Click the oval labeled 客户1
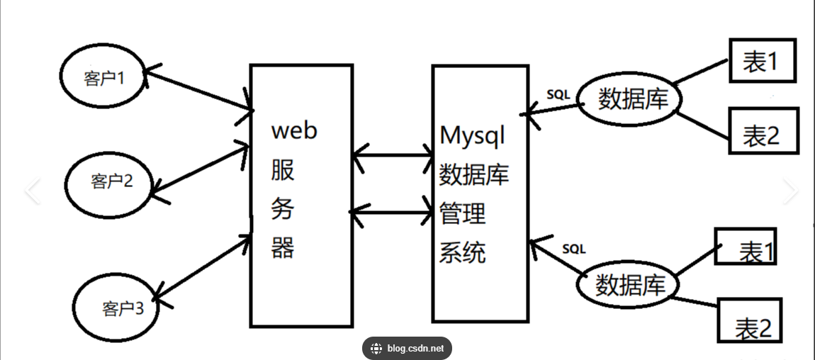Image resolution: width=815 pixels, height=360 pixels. click(103, 77)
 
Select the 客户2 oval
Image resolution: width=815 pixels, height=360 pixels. click(110, 181)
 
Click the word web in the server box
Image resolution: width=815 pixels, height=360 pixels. click(295, 130)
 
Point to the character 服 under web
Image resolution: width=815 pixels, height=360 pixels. click(283, 170)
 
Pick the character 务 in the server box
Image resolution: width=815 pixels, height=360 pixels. click(283, 209)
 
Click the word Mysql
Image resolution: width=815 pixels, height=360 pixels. click(472, 135)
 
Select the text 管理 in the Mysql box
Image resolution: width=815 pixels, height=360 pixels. click(462, 213)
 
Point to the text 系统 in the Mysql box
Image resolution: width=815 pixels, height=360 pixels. click(462, 252)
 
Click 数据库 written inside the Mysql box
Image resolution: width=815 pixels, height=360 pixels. click(473, 174)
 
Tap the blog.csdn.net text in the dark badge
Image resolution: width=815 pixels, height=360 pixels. click(416, 348)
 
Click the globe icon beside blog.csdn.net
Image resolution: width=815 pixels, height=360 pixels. click(376, 348)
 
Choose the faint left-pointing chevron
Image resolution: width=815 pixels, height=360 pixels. click(32, 191)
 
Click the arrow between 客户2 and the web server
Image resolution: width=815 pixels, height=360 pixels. click(200, 168)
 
